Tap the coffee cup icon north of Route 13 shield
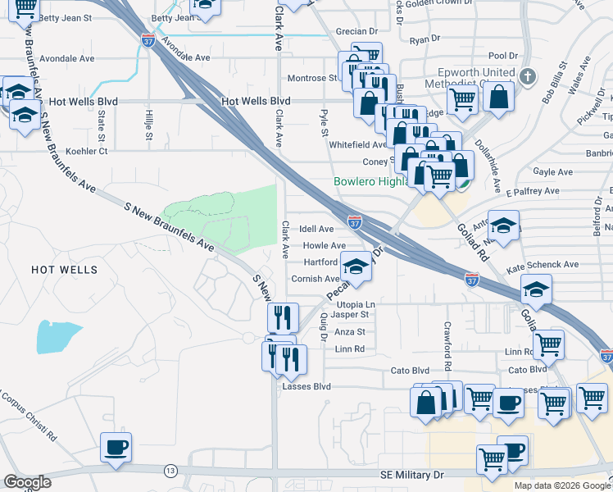click(115, 449)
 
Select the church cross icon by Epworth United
click(527, 79)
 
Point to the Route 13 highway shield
click(170, 470)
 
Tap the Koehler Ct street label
click(80, 151)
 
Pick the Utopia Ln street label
click(355, 304)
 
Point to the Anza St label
click(350, 332)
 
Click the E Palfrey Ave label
click(532, 191)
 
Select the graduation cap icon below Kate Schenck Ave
click(537, 289)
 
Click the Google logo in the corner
click(27, 482)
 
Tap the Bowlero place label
click(370, 181)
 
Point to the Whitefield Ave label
click(357, 144)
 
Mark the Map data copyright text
click(562, 485)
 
